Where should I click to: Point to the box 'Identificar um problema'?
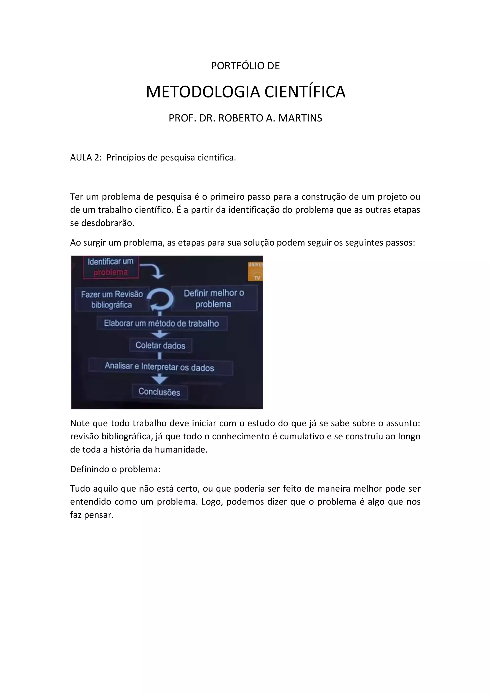point(111,267)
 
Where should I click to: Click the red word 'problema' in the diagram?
point(111,272)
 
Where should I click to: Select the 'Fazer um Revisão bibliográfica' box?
point(112,299)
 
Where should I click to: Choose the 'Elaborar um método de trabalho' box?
point(162,323)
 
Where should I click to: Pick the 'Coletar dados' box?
point(160,345)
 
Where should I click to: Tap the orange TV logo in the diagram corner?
point(255,271)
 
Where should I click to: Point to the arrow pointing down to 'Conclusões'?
point(160,379)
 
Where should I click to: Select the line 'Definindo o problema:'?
point(115,469)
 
